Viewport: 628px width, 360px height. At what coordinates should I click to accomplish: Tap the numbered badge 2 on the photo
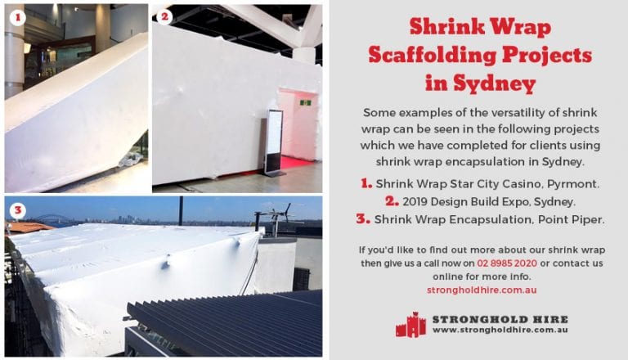pyautogui.click(x=164, y=16)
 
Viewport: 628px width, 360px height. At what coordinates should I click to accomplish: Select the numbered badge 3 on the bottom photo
pyautogui.click(x=17, y=210)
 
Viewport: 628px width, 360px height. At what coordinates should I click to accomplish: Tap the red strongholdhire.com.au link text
pyautogui.click(x=481, y=290)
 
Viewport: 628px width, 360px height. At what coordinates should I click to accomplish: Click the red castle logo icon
pyautogui.click(x=410, y=324)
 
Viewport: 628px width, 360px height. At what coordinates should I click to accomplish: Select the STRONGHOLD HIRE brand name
pyautogui.click(x=500, y=318)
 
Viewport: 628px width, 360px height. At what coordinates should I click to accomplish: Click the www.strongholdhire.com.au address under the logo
pyautogui.click(x=500, y=330)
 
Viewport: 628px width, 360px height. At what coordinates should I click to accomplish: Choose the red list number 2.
pyautogui.click(x=392, y=201)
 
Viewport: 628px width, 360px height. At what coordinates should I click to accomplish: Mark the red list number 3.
pyautogui.click(x=363, y=218)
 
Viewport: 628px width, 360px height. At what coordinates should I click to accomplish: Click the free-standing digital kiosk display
pyautogui.click(x=274, y=143)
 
